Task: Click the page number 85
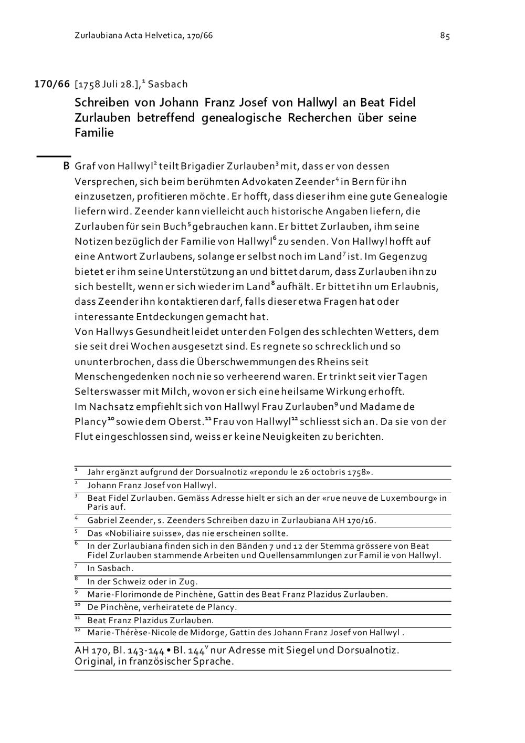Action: click(445, 36)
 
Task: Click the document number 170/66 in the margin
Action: click(52, 84)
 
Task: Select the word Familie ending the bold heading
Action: click(94, 132)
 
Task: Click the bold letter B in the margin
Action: click(66, 167)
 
